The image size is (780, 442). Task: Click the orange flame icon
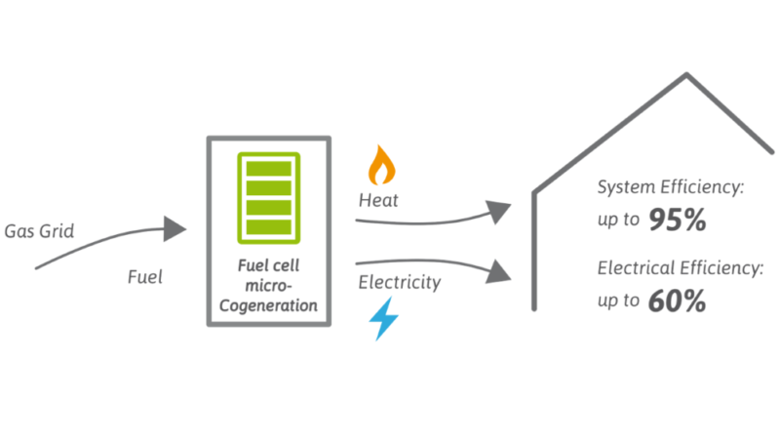click(382, 166)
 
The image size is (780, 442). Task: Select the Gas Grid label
click(40, 231)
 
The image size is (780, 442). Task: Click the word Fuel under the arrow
click(144, 276)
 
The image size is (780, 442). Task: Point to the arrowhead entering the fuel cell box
click(175, 230)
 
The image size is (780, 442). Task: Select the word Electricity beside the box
click(399, 283)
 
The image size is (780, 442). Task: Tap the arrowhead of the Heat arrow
click(498, 210)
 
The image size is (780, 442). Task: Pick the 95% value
click(677, 221)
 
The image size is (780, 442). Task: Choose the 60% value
click(677, 301)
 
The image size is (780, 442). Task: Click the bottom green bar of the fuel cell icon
click(268, 227)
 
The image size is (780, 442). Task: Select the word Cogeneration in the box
click(268, 304)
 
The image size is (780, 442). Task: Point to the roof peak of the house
click(687, 75)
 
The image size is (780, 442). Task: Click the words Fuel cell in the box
click(268, 263)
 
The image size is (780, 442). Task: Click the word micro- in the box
click(268, 284)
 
